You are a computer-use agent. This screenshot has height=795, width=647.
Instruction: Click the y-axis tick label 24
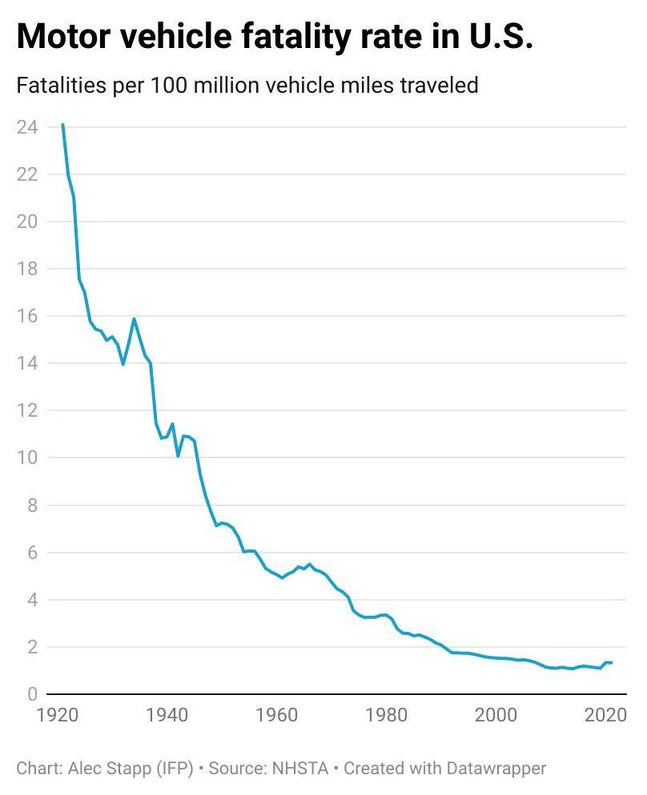(26, 127)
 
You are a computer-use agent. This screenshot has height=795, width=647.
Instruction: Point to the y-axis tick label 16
(26, 316)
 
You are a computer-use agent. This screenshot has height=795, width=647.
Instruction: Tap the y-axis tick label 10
(26, 457)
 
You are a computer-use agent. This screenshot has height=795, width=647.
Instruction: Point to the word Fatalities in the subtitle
(58, 85)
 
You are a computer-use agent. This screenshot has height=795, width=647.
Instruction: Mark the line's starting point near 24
(62, 125)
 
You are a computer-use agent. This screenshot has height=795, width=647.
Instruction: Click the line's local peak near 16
(134, 319)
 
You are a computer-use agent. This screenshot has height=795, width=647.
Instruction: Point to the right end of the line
(612, 662)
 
